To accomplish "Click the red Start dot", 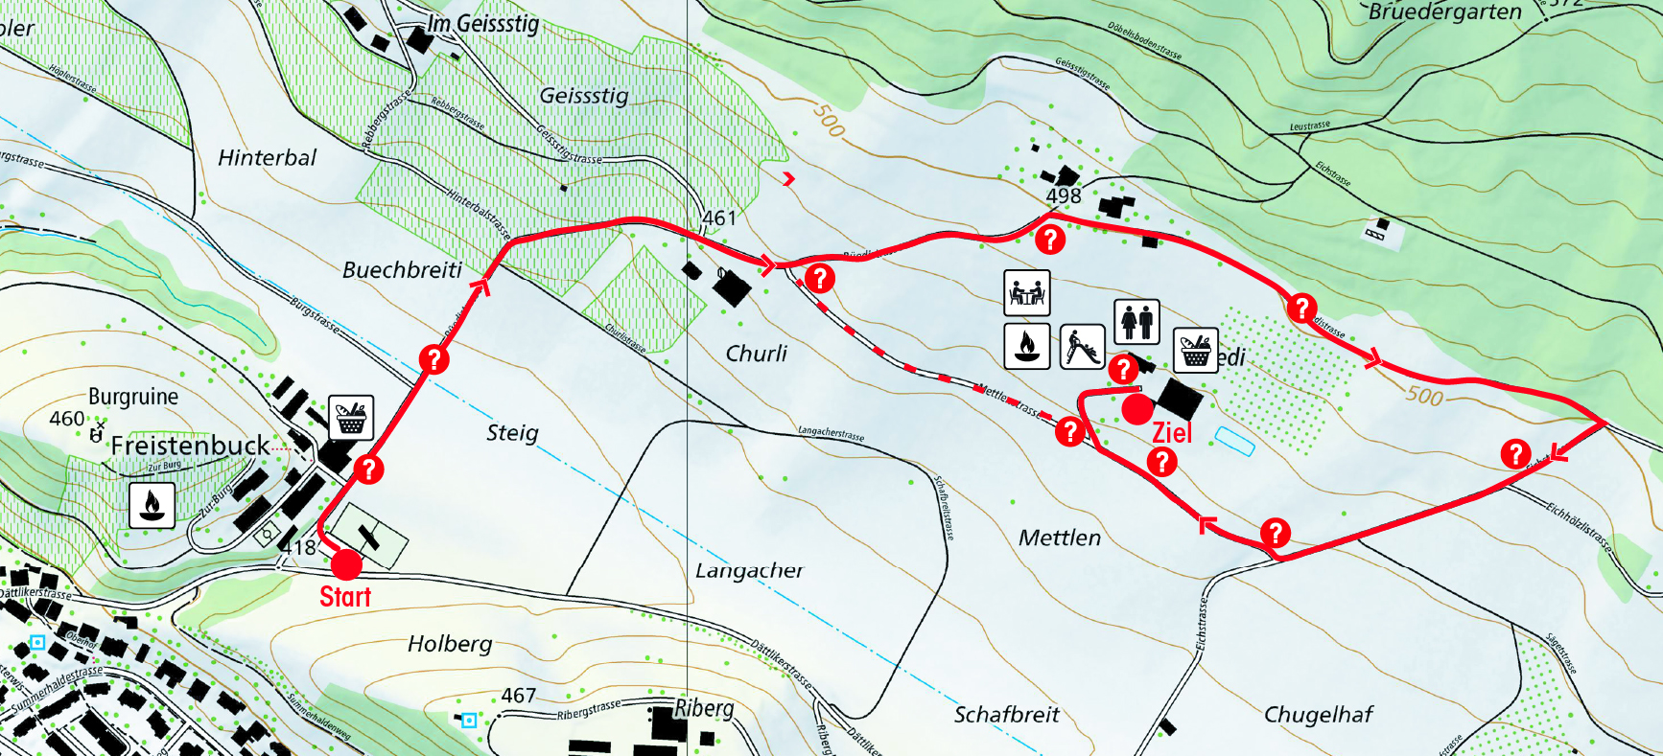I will click(345, 563).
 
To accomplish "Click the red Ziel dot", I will click(1137, 409).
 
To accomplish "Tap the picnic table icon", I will click(1026, 292).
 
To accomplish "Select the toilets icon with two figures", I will click(1136, 321).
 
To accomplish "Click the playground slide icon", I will click(1082, 346).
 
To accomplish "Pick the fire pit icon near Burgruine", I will click(152, 505).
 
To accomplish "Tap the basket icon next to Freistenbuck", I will click(351, 419).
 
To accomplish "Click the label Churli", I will click(756, 354).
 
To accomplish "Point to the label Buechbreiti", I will click(402, 270).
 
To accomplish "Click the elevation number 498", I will click(1064, 196).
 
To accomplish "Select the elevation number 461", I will click(719, 218).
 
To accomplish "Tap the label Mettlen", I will click(1059, 538).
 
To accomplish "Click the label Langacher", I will click(749, 571).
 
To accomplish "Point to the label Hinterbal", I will click(267, 158).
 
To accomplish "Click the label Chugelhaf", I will click(1318, 715).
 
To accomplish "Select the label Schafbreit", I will click(1006, 715).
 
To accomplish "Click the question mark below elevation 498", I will click(1050, 239).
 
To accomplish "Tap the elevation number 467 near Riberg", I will click(518, 696).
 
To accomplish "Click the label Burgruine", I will click(133, 397).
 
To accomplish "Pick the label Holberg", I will click(450, 644).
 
